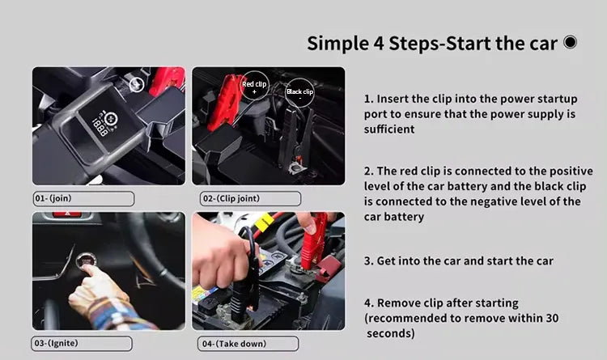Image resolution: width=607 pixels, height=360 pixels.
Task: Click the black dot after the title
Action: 571,42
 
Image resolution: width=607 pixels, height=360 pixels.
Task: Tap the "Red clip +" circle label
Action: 254,86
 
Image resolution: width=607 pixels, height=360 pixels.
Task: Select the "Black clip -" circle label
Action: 299,93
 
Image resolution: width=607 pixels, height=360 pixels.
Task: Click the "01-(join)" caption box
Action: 83,198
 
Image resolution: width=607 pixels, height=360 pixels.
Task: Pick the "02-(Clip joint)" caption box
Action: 250,198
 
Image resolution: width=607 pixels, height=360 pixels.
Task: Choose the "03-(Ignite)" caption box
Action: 82,343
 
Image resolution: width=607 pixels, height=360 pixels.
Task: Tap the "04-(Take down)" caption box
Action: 248,344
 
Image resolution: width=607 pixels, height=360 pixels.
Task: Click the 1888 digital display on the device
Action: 100,127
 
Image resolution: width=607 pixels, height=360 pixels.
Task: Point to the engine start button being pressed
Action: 84,260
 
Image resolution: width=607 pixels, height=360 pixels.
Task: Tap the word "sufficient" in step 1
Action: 389,129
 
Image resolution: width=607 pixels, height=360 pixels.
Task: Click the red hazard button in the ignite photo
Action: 67,214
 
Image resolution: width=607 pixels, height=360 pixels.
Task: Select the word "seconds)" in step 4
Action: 391,333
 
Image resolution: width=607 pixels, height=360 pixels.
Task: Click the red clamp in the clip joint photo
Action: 223,103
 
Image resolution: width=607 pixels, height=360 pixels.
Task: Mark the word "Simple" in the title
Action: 338,43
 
